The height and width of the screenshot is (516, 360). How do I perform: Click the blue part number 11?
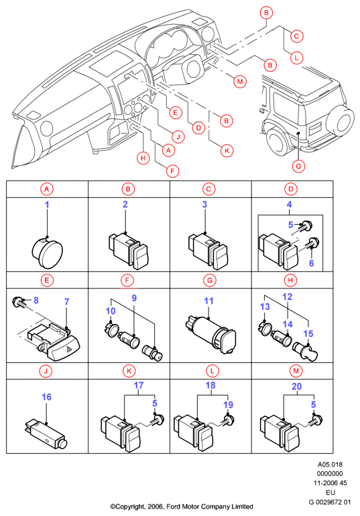click(x=208, y=301)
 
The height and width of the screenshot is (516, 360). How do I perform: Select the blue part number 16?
click(x=47, y=397)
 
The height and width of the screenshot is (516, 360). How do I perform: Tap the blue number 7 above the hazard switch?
click(x=67, y=302)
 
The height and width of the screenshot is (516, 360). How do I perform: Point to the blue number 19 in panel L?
click(x=228, y=405)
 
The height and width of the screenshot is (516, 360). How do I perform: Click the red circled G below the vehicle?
click(x=298, y=166)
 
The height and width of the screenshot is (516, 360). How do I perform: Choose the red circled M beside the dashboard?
click(x=240, y=81)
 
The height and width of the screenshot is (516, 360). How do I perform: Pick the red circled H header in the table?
click(x=290, y=280)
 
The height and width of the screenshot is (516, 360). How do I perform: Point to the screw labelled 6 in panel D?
click(x=312, y=244)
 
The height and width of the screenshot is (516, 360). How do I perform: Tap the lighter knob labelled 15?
click(x=306, y=352)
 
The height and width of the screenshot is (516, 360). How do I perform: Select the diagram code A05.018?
click(x=330, y=464)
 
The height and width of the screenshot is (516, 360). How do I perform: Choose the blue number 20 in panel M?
click(x=296, y=386)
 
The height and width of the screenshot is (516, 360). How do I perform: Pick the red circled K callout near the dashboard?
click(x=227, y=151)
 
